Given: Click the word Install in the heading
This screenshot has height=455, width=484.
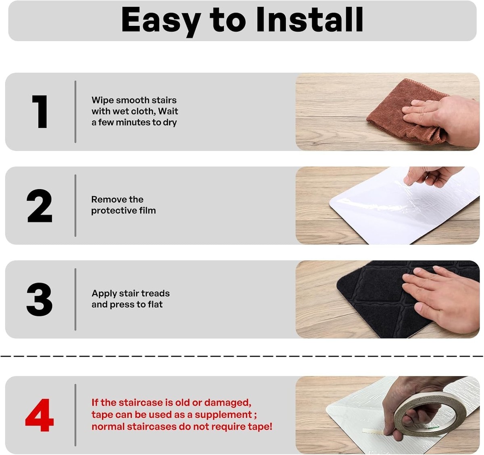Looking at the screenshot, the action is coord(310,19).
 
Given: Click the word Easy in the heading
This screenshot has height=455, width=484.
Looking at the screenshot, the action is coord(161,22).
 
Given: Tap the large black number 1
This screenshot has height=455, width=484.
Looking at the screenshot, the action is coord(40,112).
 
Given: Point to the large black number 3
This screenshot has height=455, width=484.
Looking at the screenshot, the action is coord(40,299).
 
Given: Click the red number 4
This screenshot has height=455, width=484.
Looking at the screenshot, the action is coord(40,415).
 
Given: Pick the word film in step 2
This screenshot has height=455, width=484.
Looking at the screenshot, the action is coord(148,210).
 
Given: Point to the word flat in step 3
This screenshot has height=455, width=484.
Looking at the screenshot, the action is coord(155,304).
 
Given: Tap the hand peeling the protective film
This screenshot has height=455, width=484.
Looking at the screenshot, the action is coord(431,176).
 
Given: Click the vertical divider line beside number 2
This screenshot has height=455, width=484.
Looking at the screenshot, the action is coord(75,206).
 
